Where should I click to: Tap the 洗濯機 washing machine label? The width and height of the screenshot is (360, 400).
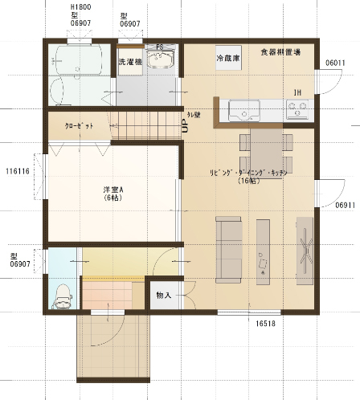[130, 61]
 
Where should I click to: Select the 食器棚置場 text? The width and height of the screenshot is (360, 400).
[280, 52]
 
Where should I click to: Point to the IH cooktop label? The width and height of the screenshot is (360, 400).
[297, 92]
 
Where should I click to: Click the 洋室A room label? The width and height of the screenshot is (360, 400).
[112, 193]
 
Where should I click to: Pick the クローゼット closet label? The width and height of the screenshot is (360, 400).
[79, 125]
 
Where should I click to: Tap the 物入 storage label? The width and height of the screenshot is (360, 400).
[163, 296]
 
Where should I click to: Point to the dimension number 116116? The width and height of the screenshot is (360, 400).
[17, 171]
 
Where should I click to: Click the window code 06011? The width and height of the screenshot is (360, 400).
[335, 62]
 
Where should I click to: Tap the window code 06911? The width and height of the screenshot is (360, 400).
[346, 206]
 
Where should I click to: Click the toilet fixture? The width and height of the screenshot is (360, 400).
[61, 296]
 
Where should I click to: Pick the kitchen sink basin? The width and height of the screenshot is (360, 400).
[242, 108]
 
